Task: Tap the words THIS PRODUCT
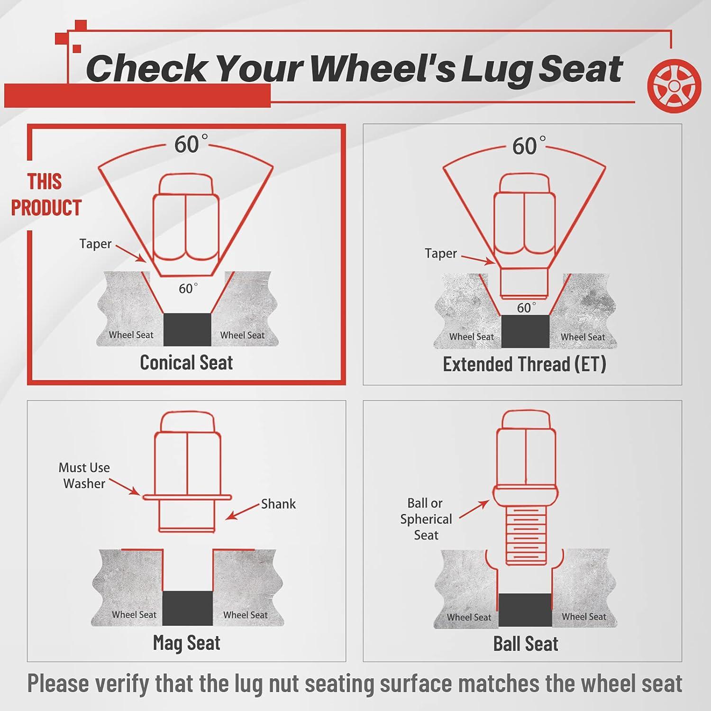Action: click(46, 195)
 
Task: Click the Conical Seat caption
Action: click(186, 363)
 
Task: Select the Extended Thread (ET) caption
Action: click(524, 365)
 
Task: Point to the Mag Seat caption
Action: click(186, 643)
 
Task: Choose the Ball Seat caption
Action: click(526, 644)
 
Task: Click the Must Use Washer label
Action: click(84, 475)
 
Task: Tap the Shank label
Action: click(278, 504)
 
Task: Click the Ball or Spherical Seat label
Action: click(426, 519)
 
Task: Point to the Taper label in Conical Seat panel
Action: click(95, 244)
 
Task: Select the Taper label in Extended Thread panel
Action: click(441, 254)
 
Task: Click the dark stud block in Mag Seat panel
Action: click(187, 608)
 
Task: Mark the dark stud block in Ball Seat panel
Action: click(525, 610)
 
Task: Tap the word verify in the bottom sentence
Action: click(121, 684)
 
